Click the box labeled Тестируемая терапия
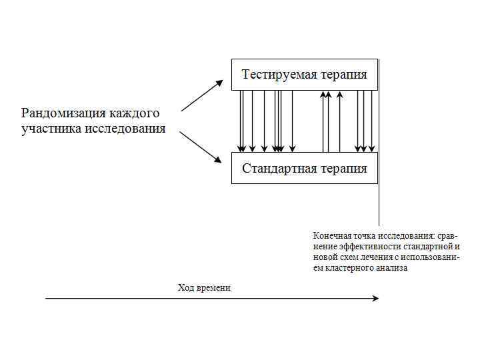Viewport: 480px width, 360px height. pyautogui.click(x=304, y=75)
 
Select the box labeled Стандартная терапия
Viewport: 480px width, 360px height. pyautogui.click(x=304, y=168)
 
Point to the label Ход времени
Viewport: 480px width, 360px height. pyautogui.click(x=204, y=287)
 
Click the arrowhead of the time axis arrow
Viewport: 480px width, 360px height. pyautogui.click(x=375, y=299)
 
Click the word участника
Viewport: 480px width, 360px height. pyautogui.click(x=51, y=128)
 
